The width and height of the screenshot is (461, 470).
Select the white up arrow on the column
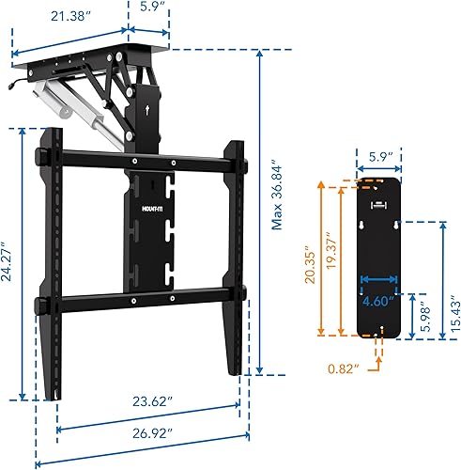tap(152, 109)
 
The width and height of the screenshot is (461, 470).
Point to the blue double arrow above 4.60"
tap(379, 278)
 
